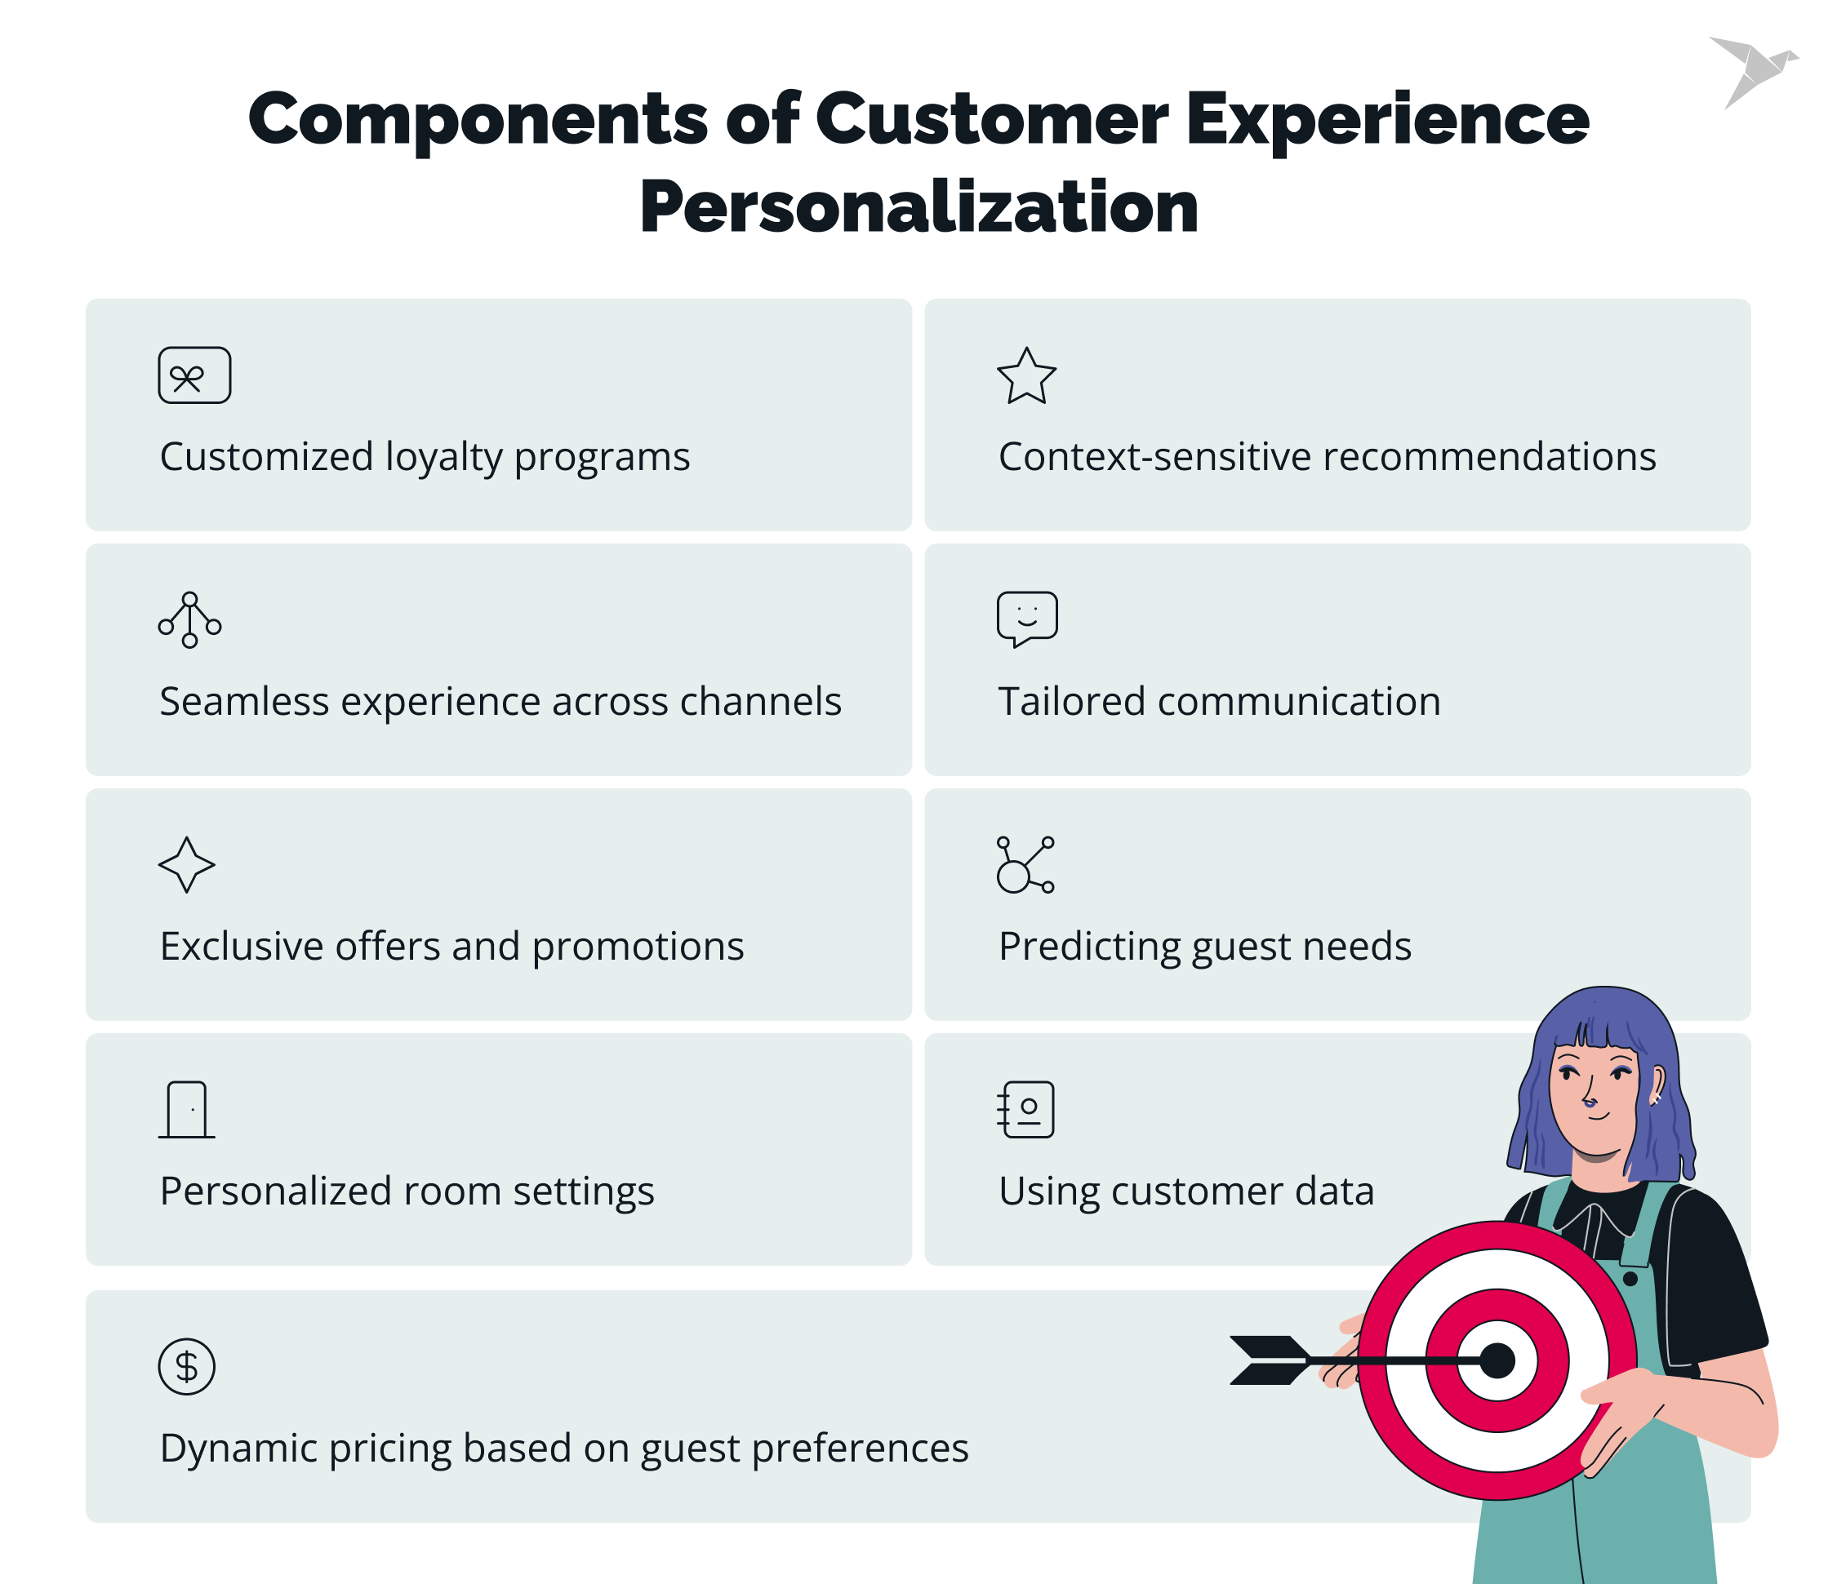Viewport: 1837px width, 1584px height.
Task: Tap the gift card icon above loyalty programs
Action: (194, 376)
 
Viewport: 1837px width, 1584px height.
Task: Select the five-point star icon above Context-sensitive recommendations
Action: (1025, 377)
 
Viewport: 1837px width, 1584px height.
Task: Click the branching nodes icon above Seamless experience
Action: (189, 619)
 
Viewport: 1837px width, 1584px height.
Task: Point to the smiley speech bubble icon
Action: (1026, 618)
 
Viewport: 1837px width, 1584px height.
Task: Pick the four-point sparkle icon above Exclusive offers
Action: (186, 864)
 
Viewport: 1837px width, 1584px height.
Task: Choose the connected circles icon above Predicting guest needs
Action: (1025, 865)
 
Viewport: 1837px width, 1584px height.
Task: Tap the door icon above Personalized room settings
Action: (187, 1109)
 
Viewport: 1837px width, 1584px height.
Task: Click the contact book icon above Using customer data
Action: (1025, 1109)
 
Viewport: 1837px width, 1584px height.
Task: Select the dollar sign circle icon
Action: (186, 1366)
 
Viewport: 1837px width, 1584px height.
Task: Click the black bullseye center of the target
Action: (1497, 1360)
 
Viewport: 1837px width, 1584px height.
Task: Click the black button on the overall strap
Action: (1630, 1279)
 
